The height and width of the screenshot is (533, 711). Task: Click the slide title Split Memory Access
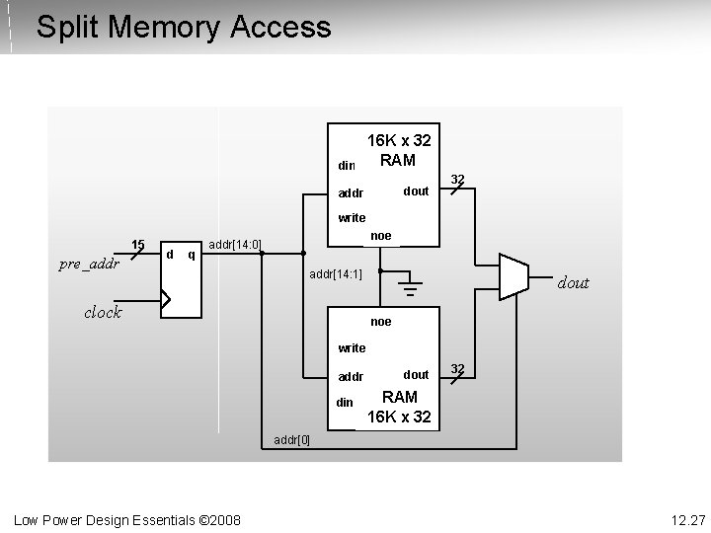point(183,27)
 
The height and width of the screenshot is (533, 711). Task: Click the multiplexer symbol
point(513,276)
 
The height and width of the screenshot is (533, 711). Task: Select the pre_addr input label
point(89,264)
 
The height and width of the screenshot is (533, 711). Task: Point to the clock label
point(103,312)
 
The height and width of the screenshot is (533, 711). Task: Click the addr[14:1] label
point(336,273)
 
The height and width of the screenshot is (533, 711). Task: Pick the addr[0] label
point(291,439)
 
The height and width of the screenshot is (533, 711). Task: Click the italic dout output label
point(574,283)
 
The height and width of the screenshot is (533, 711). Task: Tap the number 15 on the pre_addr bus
point(138,245)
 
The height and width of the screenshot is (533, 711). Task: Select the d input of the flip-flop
point(170,255)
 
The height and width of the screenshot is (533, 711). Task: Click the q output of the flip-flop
point(191,255)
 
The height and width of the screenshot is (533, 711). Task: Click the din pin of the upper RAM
point(346,165)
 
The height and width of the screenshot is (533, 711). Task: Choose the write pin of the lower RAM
point(352,347)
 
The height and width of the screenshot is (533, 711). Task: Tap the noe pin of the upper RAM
point(380,236)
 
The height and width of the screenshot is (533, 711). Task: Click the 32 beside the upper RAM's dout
point(457,180)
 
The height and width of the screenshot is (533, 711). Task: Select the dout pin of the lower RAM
point(416,374)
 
